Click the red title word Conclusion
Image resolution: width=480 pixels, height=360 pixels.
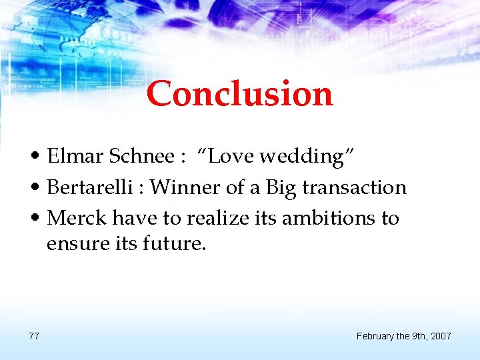(239, 93)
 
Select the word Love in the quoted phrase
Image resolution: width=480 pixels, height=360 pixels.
(229, 157)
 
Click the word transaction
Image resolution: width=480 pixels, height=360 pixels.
(354, 187)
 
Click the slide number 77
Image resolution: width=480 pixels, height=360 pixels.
(34, 336)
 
